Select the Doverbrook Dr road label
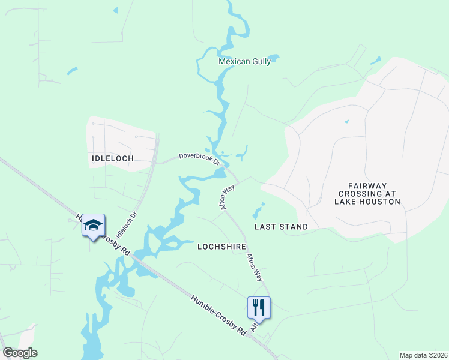(x=200, y=160)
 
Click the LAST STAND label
(x=281, y=227)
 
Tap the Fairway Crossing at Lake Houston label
(x=369, y=194)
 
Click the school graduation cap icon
(x=93, y=225)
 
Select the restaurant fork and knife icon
(x=259, y=307)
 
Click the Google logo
(x=20, y=353)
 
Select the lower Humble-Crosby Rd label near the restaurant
(x=218, y=314)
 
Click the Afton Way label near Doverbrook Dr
(x=226, y=197)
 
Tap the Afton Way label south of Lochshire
(x=255, y=266)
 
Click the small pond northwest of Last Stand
(x=259, y=211)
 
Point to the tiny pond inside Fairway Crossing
(x=346, y=122)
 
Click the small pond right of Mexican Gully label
(x=274, y=58)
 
